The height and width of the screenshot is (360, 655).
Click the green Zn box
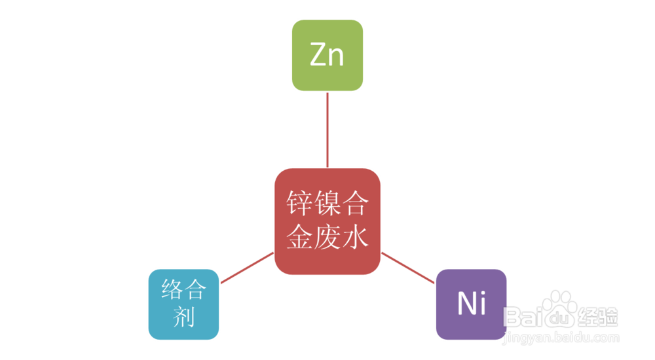click(x=327, y=55)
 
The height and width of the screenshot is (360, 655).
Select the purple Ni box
click(x=472, y=304)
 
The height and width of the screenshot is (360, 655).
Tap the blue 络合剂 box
click(x=183, y=304)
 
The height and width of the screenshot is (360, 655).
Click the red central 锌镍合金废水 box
click(x=327, y=221)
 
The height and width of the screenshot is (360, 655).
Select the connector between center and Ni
click(x=408, y=268)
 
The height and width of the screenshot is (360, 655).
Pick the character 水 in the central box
click(x=355, y=236)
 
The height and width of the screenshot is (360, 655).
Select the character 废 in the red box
click(x=327, y=236)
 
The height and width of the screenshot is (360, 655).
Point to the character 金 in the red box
click(x=299, y=236)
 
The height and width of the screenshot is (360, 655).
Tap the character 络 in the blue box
click(x=173, y=290)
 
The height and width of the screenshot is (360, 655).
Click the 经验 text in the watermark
click(x=598, y=317)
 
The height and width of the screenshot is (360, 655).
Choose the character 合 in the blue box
click(x=195, y=290)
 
